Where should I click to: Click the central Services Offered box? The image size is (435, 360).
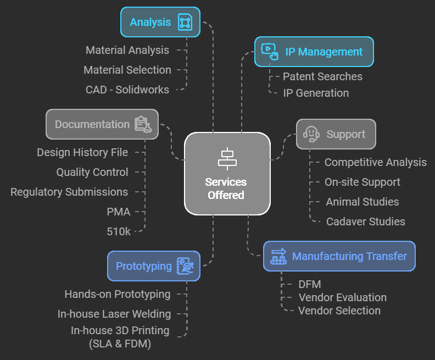tap(227, 174)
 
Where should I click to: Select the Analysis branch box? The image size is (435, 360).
tap(160, 23)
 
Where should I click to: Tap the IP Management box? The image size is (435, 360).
tap(314, 52)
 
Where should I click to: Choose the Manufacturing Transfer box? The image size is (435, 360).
tap(339, 256)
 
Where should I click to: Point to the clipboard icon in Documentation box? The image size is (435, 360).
tap(143, 124)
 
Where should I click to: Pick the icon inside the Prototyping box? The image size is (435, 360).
tap(185, 266)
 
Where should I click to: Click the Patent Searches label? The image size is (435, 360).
tap(322, 76)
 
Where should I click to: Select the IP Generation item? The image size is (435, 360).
tap(316, 93)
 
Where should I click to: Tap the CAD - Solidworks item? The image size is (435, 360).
tap(127, 90)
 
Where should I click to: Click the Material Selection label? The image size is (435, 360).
tap(127, 70)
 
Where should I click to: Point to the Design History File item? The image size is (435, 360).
tap(82, 152)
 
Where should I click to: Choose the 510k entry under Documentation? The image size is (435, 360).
tap(119, 231)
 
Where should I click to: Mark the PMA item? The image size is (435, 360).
tap(119, 212)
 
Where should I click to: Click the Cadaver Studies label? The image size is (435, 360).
tap(365, 221)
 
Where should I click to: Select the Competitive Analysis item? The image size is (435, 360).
tap(375, 162)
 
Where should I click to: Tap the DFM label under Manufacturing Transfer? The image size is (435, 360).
tap(310, 284)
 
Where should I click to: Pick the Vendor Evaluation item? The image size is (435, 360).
tap(342, 297)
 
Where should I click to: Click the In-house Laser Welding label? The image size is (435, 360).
tap(114, 314)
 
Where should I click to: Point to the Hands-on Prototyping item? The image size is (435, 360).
tap(118, 294)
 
